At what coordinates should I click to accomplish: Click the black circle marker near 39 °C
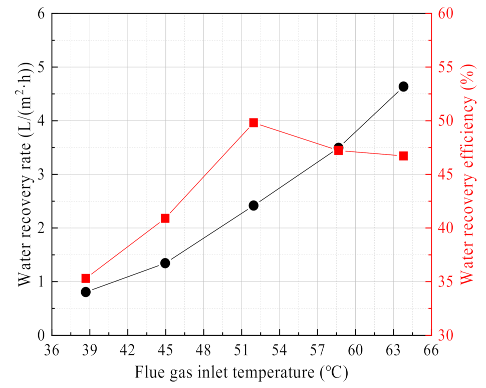pos(86,292)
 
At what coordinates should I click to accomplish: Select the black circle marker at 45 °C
pos(165,263)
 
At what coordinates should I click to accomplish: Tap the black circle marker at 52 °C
pos(254,205)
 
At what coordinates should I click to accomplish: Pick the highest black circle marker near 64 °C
pos(403,86)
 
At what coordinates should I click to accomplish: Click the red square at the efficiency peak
pos(254,123)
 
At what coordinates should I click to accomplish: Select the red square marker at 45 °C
pos(165,218)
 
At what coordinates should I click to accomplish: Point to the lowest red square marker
pos(86,278)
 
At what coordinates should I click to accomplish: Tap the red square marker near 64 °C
pos(403,156)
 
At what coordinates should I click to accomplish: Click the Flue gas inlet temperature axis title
pos(241,372)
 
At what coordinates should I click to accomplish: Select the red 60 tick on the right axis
pos(443,14)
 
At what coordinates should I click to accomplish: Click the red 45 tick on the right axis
pos(443,174)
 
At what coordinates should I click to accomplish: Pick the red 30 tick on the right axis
pos(443,335)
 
